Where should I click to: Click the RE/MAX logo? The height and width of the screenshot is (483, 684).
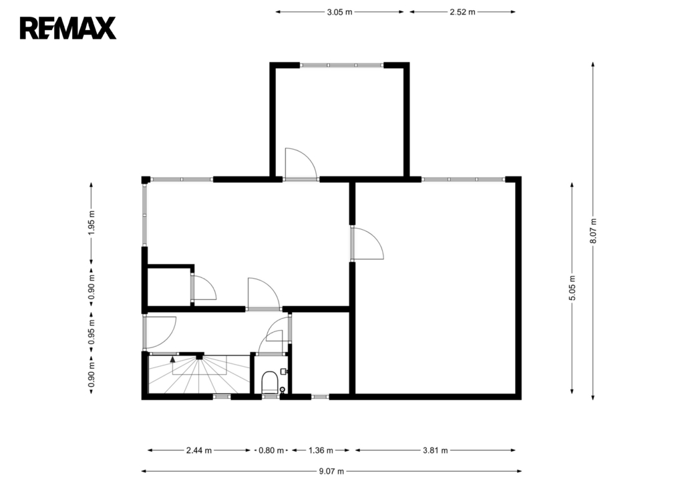[68, 28]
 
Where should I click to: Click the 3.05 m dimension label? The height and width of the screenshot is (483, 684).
[339, 12]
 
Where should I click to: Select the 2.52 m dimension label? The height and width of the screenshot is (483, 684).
[462, 12]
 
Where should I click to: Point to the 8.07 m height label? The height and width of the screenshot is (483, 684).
[593, 230]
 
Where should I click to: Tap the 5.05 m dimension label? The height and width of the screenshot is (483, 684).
[572, 288]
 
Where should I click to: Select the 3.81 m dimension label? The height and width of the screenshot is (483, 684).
[436, 450]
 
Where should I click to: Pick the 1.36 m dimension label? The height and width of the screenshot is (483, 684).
[321, 450]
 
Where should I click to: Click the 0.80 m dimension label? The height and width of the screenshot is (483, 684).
[271, 450]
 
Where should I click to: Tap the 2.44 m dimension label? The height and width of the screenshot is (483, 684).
[199, 450]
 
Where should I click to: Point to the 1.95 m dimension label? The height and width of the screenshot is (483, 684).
[91, 223]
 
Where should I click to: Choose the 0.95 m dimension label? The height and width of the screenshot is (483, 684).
[91, 332]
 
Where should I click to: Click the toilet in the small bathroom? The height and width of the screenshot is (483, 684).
[270, 383]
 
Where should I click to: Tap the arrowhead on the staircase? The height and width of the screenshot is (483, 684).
[172, 359]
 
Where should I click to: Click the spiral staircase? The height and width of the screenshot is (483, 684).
[199, 374]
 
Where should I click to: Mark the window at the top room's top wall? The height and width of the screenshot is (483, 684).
[341, 65]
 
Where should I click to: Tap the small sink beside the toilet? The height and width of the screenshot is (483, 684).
[284, 371]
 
